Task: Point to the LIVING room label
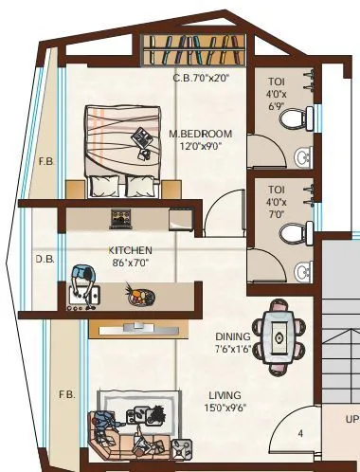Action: [225, 395]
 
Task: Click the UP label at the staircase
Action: [351, 418]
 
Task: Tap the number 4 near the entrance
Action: [300, 434]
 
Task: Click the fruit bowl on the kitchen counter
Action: [138, 298]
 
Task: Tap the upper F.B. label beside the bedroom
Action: [45, 161]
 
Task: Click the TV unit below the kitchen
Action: [128, 328]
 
